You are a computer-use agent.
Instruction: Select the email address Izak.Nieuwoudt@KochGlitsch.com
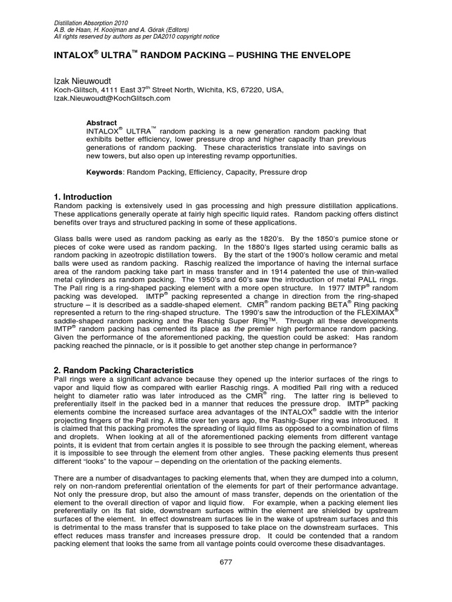click(x=112, y=99)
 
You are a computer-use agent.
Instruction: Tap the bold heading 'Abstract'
click(x=101, y=123)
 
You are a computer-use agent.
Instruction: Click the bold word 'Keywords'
click(x=104, y=172)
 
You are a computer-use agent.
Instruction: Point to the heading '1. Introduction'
click(x=82, y=196)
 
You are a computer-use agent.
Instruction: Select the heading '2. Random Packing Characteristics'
click(x=124, y=370)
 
